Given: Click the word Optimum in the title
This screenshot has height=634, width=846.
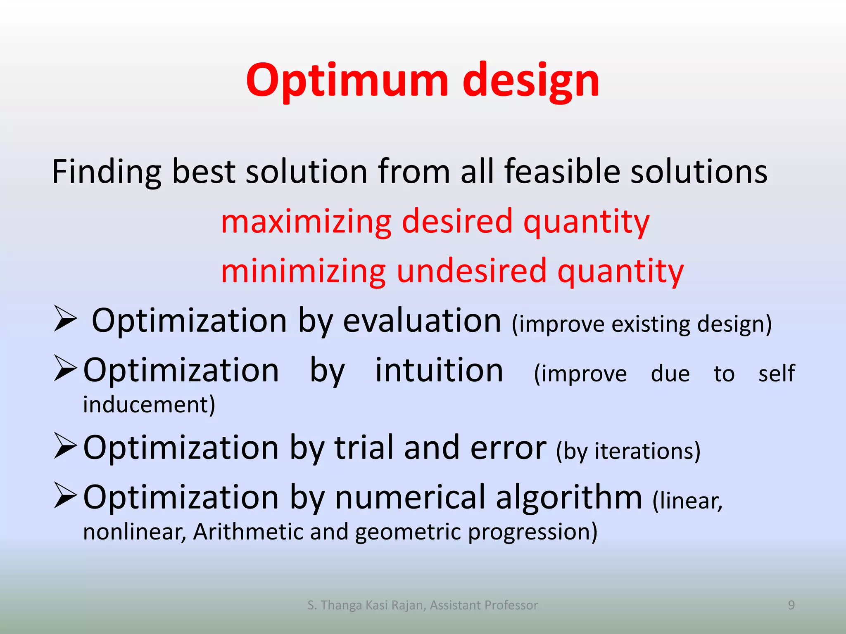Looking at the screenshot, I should click(x=347, y=80).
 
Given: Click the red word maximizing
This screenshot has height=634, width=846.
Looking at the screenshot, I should click(x=306, y=222).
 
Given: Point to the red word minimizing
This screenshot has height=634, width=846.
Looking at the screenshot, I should click(x=303, y=271).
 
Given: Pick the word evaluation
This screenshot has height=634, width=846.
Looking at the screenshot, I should click(x=422, y=320).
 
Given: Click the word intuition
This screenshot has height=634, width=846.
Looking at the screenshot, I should click(x=439, y=370).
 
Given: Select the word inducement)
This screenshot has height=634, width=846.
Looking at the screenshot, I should click(x=149, y=405).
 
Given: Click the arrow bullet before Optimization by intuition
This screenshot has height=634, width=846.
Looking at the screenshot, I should click(x=65, y=368).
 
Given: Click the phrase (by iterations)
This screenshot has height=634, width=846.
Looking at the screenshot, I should click(x=628, y=451).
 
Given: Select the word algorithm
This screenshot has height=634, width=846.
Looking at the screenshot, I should click(x=568, y=497).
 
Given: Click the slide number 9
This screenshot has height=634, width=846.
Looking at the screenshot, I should click(x=791, y=605).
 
